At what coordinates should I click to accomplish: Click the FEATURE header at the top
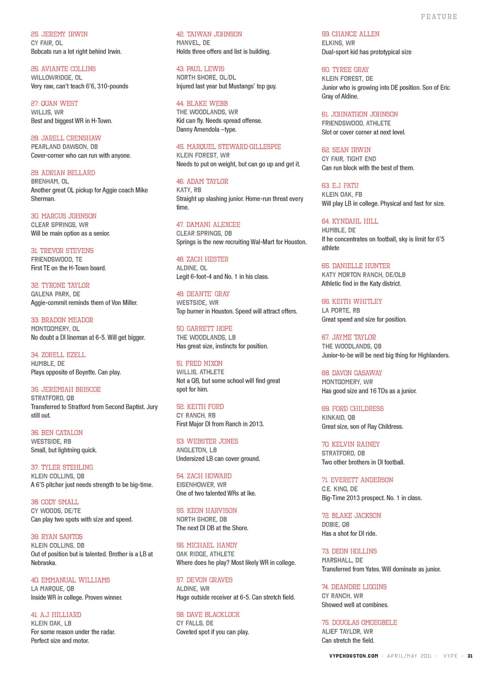[x=439, y=17]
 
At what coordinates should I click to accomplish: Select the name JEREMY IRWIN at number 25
[x=64, y=34]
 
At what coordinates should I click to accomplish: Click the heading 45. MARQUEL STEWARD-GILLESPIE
[x=228, y=146]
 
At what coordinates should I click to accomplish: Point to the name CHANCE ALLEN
[x=355, y=34]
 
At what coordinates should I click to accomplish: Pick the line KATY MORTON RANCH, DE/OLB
[x=363, y=274]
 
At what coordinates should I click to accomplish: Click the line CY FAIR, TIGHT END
[x=349, y=159]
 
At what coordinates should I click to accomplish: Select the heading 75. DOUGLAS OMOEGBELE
[x=359, y=622]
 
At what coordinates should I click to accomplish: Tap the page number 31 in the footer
[x=470, y=656]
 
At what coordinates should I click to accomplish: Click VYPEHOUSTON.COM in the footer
[x=354, y=656]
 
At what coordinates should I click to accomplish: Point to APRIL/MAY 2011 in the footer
[x=409, y=656]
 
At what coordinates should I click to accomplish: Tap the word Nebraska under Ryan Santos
[x=44, y=563]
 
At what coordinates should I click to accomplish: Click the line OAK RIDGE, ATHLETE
[x=205, y=554]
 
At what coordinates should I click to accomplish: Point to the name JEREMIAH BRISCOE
[x=71, y=389]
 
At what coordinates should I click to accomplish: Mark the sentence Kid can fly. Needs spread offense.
[x=219, y=120]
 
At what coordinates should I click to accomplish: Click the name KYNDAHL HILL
[x=355, y=221]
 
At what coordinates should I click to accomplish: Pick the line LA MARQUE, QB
[x=52, y=589]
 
